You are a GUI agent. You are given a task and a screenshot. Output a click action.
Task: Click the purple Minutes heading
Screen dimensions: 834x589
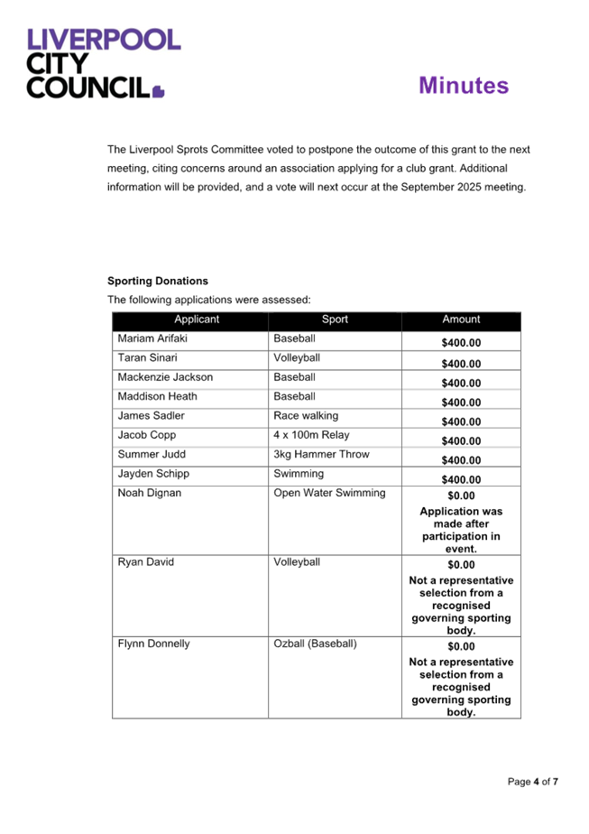[x=464, y=86]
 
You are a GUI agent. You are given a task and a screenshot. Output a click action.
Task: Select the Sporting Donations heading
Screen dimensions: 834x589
[x=157, y=281]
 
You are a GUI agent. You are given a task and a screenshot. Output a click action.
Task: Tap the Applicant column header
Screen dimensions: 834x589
[x=197, y=320]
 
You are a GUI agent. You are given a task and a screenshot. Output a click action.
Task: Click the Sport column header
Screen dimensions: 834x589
[x=335, y=320]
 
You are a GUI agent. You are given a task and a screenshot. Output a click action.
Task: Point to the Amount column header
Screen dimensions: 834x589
[x=461, y=320]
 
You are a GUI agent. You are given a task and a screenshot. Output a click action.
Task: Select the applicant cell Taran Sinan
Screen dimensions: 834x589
[x=147, y=358]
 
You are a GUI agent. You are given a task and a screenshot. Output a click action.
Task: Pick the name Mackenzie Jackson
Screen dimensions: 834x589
[x=165, y=377]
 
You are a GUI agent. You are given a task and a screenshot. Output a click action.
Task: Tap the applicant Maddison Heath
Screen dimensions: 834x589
[x=158, y=396]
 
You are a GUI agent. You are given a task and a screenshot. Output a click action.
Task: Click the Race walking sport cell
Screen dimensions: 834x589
[x=306, y=416]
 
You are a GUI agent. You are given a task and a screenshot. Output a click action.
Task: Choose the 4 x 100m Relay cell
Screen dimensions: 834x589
[x=312, y=435]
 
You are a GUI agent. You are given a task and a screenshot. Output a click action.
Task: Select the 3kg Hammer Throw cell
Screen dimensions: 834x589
[x=321, y=454]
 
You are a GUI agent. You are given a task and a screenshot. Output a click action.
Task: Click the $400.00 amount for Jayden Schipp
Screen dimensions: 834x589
[x=461, y=479]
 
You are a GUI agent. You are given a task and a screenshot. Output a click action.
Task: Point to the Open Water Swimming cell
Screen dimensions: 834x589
[x=329, y=493]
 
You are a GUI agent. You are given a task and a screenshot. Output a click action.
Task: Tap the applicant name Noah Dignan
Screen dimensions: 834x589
[x=149, y=493]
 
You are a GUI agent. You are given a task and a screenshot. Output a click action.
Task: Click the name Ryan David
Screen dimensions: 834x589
[x=146, y=562]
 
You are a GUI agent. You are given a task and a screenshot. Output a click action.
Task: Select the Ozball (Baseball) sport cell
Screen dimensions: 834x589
[x=315, y=644]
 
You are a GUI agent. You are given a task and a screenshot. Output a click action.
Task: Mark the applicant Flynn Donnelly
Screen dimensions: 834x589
[x=153, y=644]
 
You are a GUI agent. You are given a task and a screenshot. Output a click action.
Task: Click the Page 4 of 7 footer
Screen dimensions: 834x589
[x=533, y=782]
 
